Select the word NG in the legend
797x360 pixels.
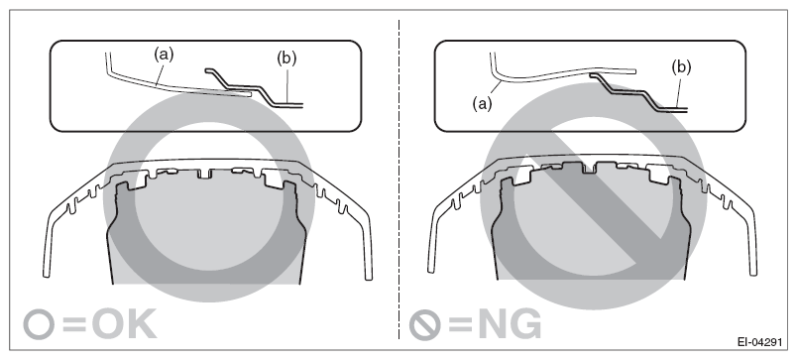pos(505,323)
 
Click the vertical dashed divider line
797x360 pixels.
pos(398,198)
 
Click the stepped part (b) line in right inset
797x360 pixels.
pos(634,88)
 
